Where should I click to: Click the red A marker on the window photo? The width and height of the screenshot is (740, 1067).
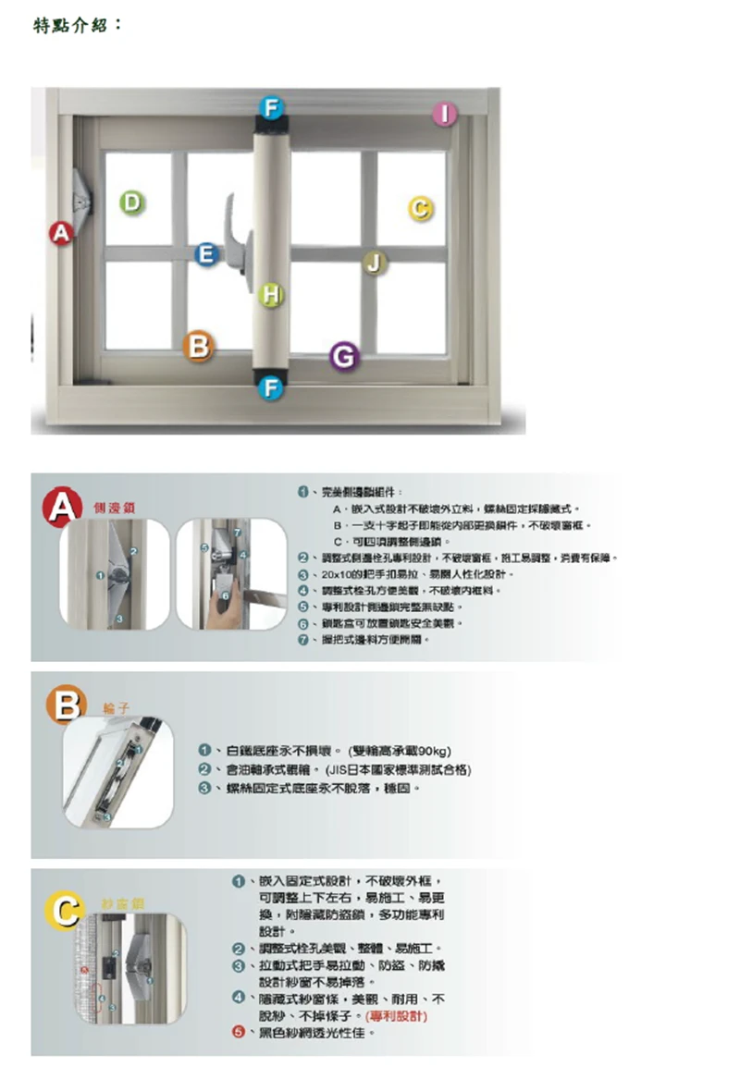pyautogui.click(x=62, y=234)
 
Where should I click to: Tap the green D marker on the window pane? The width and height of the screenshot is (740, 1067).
pyautogui.click(x=132, y=202)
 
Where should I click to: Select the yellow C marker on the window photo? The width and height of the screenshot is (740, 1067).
pyautogui.click(x=419, y=209)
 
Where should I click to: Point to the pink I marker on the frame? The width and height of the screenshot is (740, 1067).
pyautogui.click(x=446, y=114)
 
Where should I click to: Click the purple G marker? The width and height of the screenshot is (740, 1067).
pyautogui.click(x=343, y=356)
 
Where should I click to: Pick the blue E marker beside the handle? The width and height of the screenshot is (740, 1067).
pyautogui.click(x=207, y=254)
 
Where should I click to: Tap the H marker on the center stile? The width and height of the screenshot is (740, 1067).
pyautogui.click(x=270, y=294)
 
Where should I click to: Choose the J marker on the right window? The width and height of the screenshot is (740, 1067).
pyautogui.click(x=373, y=264)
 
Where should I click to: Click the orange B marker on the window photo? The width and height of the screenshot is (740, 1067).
pyautogui.click(x=198, y=345)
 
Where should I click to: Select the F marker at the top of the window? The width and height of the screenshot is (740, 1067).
pyautogui.click(x=269, y=106)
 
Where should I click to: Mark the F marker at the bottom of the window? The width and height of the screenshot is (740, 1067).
pyautogui.click(x=269, y=388)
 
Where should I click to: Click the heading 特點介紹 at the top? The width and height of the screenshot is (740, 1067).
pyautogui.click(x=78, y=25)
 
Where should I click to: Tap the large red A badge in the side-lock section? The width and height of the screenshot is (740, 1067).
pyautogui.click(x=65, y=507)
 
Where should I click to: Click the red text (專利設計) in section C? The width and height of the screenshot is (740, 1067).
pyautogui.click(x=401, y=1015)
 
